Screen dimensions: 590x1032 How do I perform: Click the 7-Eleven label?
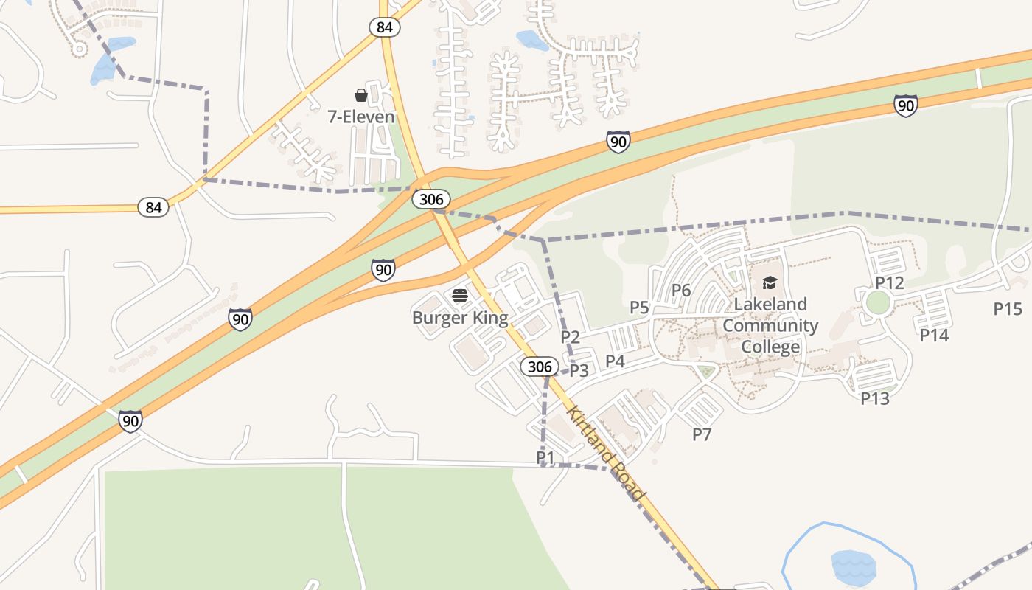(361, 117)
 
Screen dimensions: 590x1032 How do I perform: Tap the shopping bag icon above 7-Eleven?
(361, 95)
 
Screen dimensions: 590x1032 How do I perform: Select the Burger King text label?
(460, 318)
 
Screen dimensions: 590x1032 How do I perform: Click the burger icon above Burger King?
(460, 296)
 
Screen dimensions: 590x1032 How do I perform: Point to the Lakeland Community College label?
(770, 325)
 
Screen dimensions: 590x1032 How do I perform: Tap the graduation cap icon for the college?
(770, 282)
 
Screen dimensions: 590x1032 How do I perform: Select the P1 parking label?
(545, 458)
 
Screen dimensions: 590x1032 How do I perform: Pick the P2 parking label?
(571, 337)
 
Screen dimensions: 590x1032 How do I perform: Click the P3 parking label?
(579, 370)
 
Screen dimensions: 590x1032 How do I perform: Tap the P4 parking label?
(615, 361)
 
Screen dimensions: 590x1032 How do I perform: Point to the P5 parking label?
(639, 308)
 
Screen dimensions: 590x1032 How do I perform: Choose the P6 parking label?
(681, 291)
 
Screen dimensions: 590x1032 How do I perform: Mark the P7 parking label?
(702, 434)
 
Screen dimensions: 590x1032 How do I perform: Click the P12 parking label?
(890, 283)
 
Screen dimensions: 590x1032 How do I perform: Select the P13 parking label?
(875, 398)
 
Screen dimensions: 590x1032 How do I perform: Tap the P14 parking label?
(934, 336)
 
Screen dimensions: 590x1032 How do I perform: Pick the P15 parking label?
(1008, 308)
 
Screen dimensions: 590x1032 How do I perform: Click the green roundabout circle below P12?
(878, 302)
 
